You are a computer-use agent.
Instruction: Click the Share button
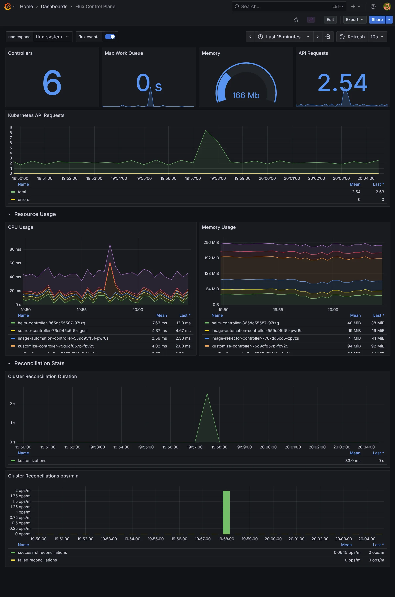tap(377, 20)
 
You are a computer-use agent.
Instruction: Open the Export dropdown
tap(354, 20)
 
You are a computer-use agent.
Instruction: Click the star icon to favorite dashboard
tap(296, 20)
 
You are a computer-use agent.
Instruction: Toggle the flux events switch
tap(110, 37)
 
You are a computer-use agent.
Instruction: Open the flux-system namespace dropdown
tap(52, 37)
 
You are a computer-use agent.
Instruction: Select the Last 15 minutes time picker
tap(283, 37)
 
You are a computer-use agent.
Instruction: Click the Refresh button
tap(352, 37)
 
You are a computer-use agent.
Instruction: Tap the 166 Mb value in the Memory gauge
tap(246, 96)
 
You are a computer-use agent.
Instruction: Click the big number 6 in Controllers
tap(52, 83)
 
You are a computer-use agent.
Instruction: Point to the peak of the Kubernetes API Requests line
tap(206, 130)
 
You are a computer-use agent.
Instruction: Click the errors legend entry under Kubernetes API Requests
tap(24, 200)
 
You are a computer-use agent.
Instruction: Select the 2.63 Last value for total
tap(380, 192)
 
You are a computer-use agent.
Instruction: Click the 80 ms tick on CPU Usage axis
tap(15, 249)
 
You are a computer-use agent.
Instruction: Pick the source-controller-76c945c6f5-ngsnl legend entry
tap(53, 331)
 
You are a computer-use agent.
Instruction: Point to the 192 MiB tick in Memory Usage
tap(211, 258)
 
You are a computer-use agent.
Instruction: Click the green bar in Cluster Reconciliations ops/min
tap(226, 512)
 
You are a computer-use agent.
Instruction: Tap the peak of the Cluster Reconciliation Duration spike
tap(207, 394)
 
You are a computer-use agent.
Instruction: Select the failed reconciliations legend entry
tap(37, 560)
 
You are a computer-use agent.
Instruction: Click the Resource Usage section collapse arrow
tap(9, 214)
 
